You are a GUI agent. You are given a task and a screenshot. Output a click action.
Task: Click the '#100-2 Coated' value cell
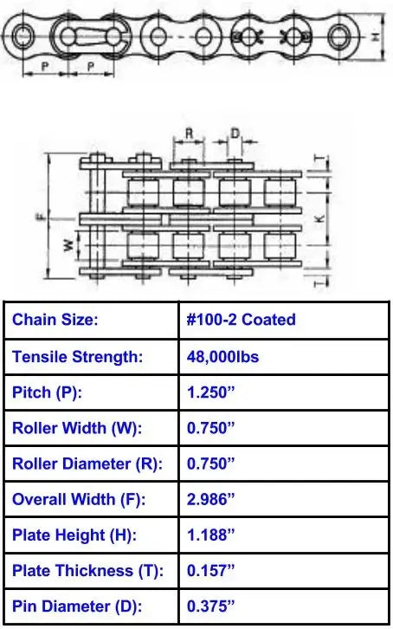pyautogui.click(x=241, y=320)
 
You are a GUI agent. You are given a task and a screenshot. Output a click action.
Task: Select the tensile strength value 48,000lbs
pyautogui.click(x=222, y=356)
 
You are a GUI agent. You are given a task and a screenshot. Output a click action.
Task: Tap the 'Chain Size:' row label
pyautogui.click(x=55, y=320)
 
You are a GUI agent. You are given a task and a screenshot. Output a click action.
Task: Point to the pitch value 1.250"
pyautogui.click(x=210, y=392)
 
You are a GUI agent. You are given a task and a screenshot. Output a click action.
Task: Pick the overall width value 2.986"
pyautogui.click(x=210, y=499)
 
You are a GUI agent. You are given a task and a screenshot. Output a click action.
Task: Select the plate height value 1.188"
pyautogui.click(x=210, y=535)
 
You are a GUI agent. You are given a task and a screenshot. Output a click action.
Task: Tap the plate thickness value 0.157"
pyautogui.click(x=210, y=571)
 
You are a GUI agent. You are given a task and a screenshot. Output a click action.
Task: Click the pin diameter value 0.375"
pyautogui.click(x=210, y=606)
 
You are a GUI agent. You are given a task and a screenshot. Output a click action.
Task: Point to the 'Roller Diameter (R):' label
pyautogui.click(x=87, y=464)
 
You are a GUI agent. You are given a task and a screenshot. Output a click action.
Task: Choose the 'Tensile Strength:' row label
pyautogui.click(x=76, y=356)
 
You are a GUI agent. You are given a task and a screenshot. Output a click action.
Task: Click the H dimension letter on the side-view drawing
pyautogui.click(x=373, y=37)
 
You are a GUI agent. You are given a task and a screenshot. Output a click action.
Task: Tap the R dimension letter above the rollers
pyautogui.click(x=189, y=134)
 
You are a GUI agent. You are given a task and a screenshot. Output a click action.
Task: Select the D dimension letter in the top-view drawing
pyautogui.click(x=235, y=134)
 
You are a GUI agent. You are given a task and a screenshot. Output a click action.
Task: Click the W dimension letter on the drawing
pyautogui.click(x=68, y=246)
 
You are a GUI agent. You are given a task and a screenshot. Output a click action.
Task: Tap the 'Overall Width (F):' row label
pyautogui.click(x=79, y=499)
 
